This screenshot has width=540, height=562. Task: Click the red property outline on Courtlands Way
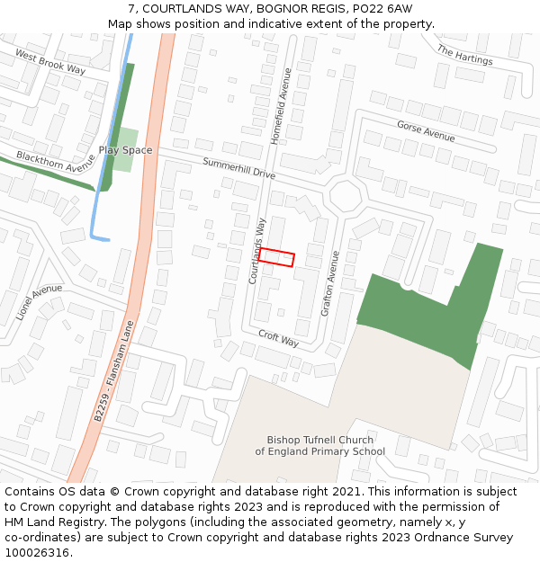(x=276, y=258)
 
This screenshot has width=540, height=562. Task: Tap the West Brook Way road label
(x=49, y=63)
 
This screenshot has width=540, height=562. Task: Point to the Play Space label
(x=125, y=150)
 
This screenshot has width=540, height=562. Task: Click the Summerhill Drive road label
(x=238, y=167)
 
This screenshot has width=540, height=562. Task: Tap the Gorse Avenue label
(x=426, y=131)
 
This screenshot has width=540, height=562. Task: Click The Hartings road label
(x=464, y=55)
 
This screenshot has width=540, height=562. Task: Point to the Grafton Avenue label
(x=329, y=282)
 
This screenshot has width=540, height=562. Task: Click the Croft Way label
(x=278, y=338)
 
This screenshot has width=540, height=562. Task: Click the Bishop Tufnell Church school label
(x=319, y=446)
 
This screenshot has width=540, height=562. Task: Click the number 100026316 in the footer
(x=37, y=552)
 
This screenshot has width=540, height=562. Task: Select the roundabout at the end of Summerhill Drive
(x=345, y=194)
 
